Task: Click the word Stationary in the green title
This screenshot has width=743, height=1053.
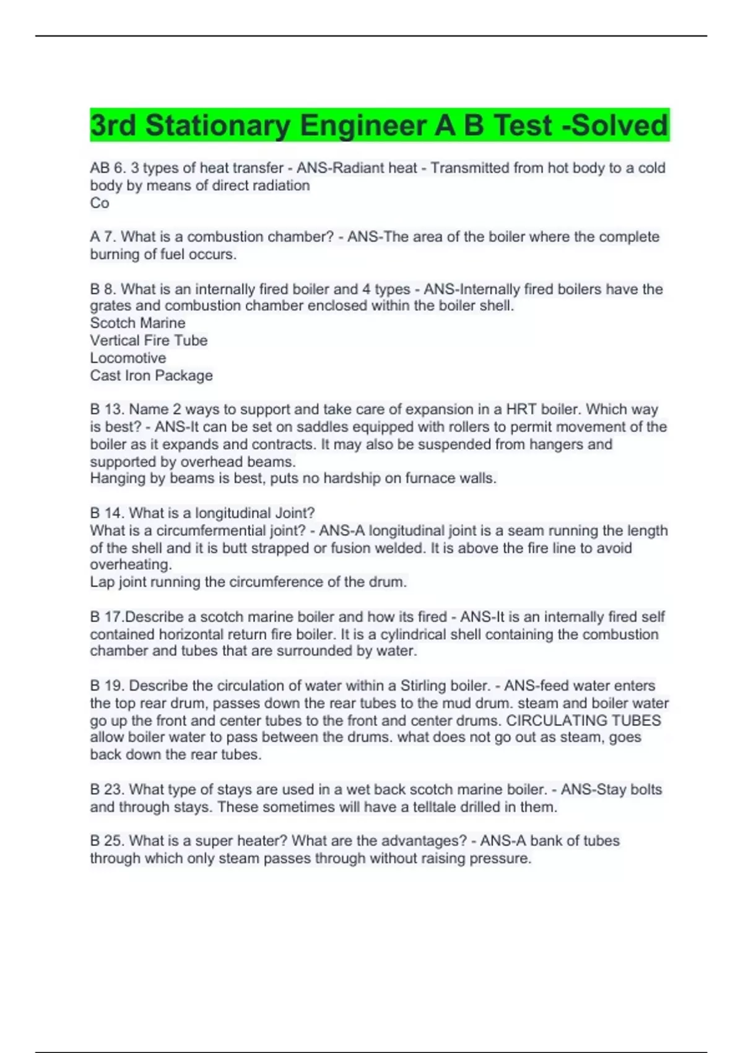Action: pyautogui.click(x=217, y=125)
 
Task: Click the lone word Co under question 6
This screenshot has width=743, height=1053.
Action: pyautogui.click(x=100, y=203)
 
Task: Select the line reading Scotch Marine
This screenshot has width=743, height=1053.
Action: pyautogui.click(x=137, y=323)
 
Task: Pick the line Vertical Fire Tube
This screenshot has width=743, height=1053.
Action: pyautogui.click(x=149, y=340)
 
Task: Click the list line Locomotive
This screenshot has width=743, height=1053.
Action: pyautogui.click(x=128, y=358)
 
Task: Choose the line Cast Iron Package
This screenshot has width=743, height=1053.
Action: pyautogui.click(x=151, y=375)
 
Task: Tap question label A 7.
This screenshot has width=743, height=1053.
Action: pyautogui.click(x=103, y=237)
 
